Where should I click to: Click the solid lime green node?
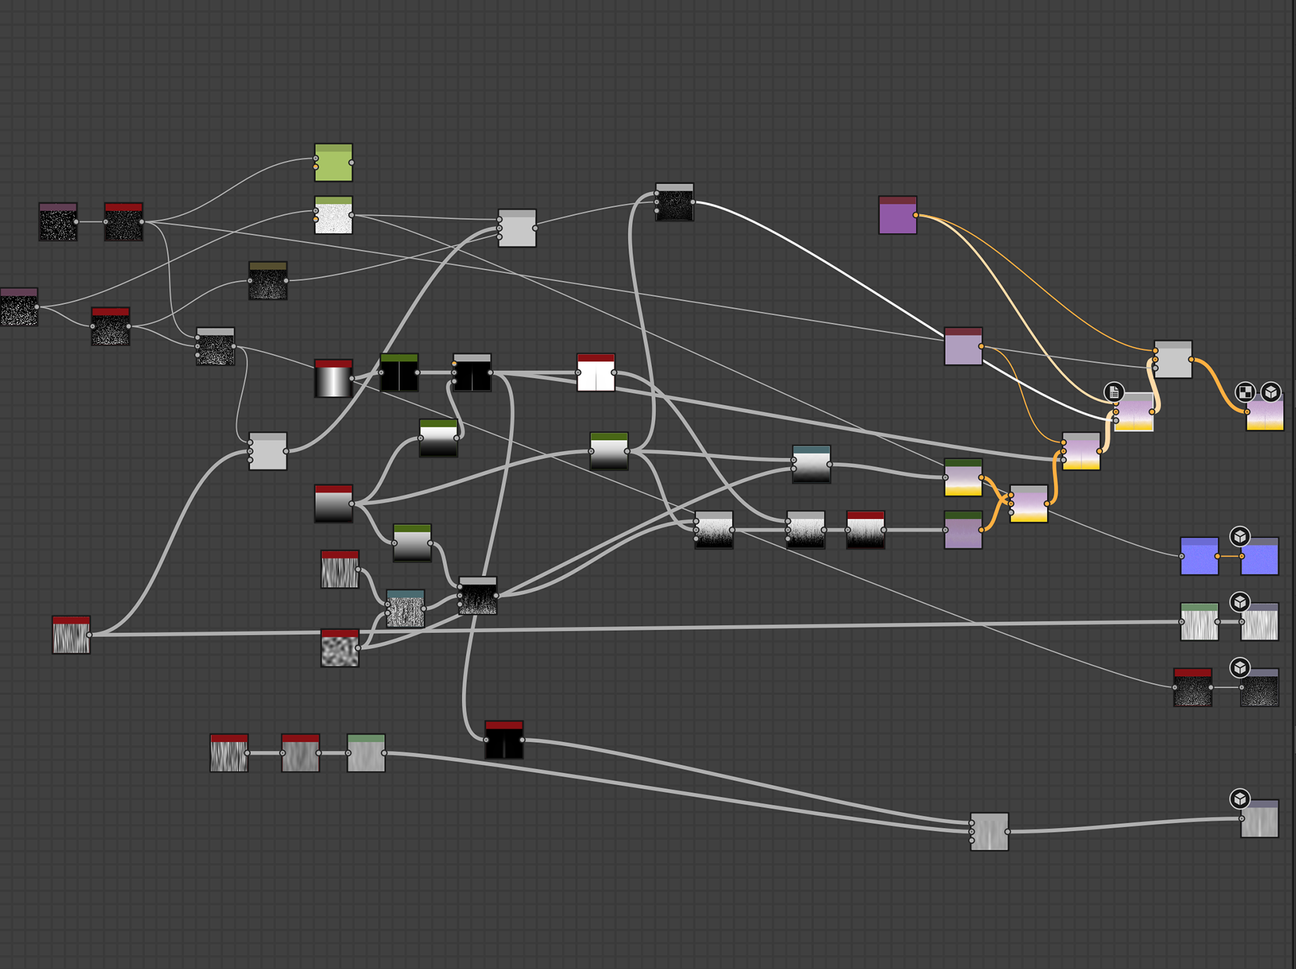coord(333,163)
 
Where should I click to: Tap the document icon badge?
coord(1114,392)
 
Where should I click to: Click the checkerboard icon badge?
coord(1245,392)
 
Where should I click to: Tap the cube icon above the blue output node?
coord(1240,536)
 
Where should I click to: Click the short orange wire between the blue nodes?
coord(1229,556)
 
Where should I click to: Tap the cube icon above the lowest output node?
coord(1240,799)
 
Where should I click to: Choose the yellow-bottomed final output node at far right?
coord(1264,412)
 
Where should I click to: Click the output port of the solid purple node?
coord(915,215)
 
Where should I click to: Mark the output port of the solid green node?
coord(352,163)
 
